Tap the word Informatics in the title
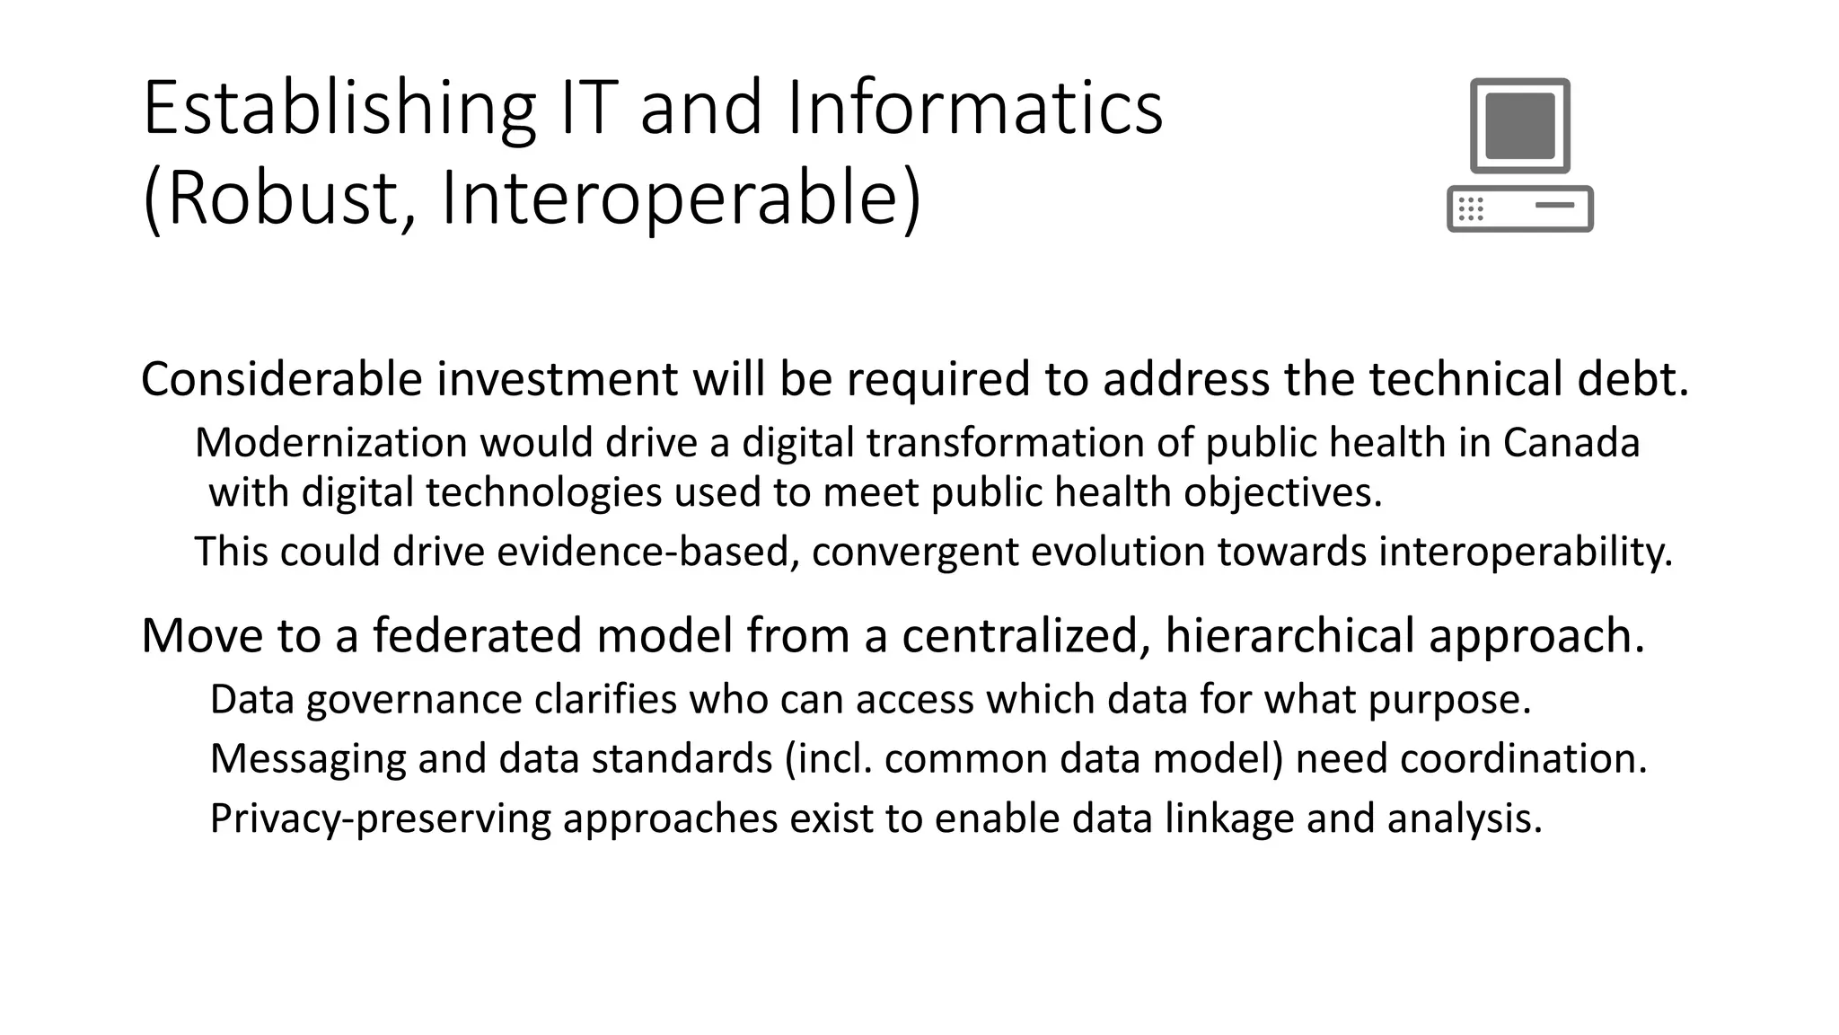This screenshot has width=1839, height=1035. [x=974, y=110]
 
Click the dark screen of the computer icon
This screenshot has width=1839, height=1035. [x=1519, y=126]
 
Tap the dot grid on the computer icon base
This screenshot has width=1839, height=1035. [x=1471, y=209]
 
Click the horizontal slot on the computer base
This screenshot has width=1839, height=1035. [x=1554, y=205]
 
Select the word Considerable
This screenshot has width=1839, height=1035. [x=281, y=379]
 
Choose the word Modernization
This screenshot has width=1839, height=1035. [x=331, y=443]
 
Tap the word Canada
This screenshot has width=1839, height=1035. [x=1571, y=443]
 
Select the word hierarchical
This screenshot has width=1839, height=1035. [x=1289, y=635]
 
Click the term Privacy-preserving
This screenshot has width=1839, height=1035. [x=380, y=818]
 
